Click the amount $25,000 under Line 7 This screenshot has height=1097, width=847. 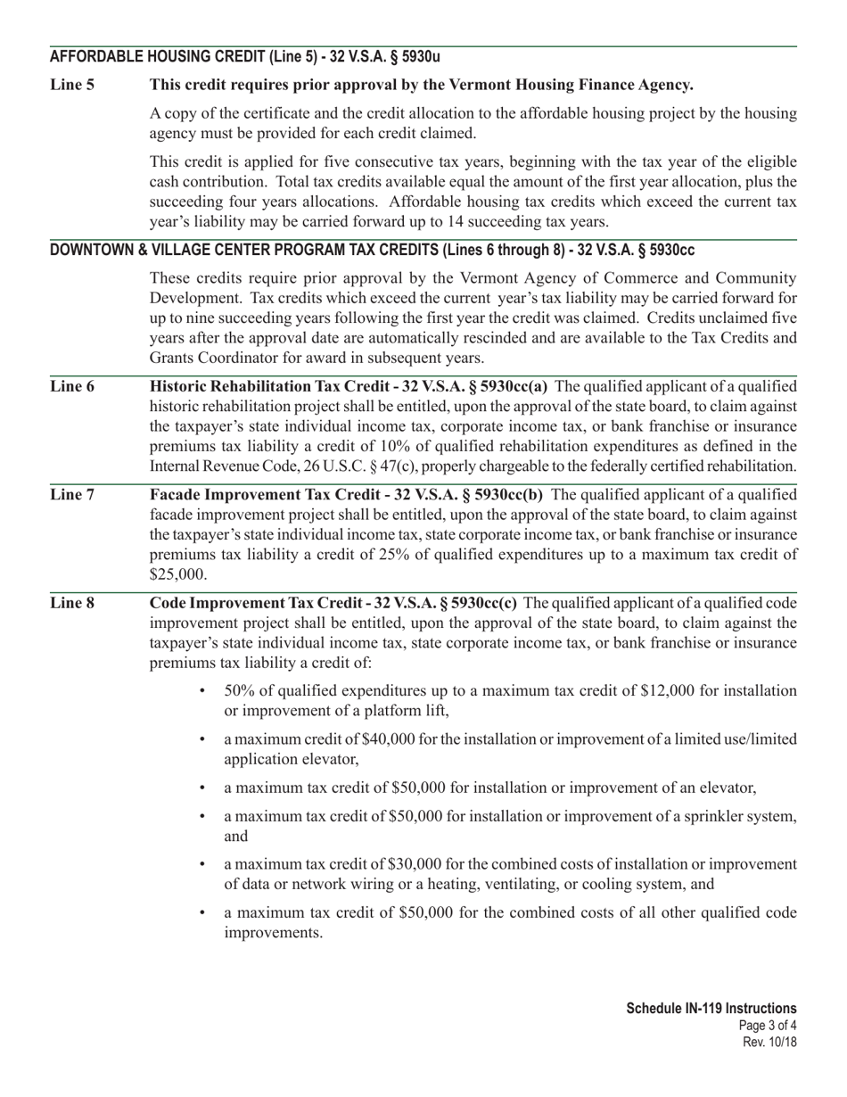click(178, 573)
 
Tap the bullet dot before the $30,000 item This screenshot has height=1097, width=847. click(204, 864)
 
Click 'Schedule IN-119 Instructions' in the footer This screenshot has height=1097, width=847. click(711, 1008)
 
